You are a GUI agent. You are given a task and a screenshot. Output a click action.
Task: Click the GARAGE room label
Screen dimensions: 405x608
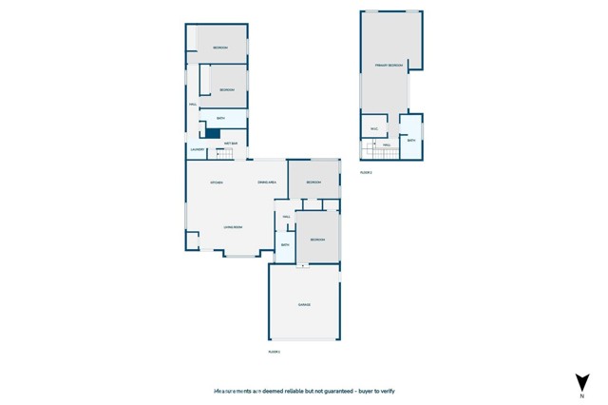pyautogui.click(x=304, y=304)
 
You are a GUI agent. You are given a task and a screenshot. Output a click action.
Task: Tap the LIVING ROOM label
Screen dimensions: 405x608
pyautogui.click(x=233, y=227)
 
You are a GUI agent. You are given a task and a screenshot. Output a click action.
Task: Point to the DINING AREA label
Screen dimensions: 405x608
pyautogui.click(x=266, y=183)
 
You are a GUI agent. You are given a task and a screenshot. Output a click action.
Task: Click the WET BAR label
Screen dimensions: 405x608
pyautogui.click(x=230, y=144)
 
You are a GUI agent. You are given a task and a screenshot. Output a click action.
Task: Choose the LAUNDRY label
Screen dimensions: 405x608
pyautogui.click(x=198, y=149)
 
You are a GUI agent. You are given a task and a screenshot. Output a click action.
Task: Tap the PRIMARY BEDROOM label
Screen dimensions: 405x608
pyautogui.click(x=389, y=65)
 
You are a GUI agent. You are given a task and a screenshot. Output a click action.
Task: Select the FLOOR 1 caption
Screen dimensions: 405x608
pyautogui.click(x=275, y=352)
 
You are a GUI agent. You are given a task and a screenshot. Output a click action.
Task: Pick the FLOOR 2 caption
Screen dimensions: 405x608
pyautogui.click(x=366, y=173)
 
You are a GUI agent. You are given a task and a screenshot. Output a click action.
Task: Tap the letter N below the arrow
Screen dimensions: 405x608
pyautogui.click(x=580, y=396)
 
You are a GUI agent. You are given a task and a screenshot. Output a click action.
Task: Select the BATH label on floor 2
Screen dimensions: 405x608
pyautogui.click(x=411, y=140)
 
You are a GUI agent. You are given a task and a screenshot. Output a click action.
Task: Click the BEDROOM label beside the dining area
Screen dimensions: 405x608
pyautogui.click(x=314, y=183)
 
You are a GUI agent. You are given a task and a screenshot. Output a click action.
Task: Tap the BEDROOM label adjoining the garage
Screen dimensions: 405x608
pyautogui.click(x=317, y=240)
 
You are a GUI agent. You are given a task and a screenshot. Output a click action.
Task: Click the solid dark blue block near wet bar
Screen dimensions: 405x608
pyautogui.click(x=213, y=134)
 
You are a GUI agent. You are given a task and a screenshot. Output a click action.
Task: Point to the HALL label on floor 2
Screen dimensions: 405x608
pyautogui.click(x=387, y=145)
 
